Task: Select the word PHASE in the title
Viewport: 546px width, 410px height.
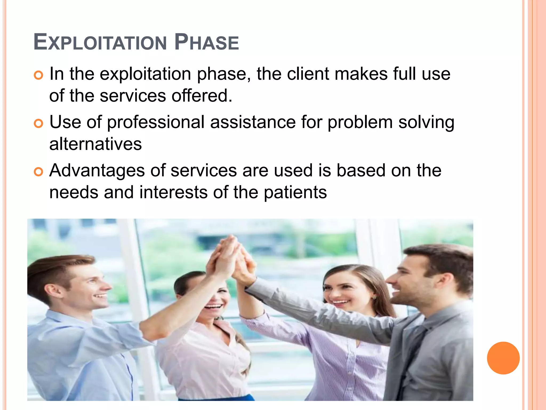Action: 207,42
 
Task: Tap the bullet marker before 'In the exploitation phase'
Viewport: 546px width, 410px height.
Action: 39,76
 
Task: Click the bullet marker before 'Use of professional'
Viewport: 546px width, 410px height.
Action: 39,124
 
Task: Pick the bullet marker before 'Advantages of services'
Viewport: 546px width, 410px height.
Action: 39,172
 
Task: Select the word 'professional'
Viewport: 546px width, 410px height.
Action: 156,122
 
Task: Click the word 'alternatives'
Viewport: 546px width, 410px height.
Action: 95,144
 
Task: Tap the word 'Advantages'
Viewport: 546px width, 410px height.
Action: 97,171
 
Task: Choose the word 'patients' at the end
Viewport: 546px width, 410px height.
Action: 295,193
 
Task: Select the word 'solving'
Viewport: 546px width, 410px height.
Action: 426,122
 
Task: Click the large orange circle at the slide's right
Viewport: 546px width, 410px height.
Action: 503,358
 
